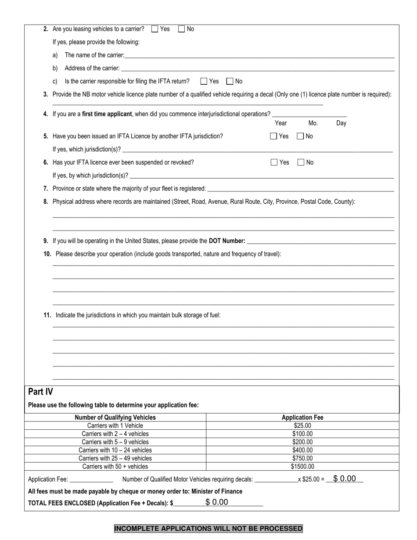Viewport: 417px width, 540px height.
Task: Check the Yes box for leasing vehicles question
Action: pos(155,29)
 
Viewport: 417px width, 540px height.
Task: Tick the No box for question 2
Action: pos(182,29)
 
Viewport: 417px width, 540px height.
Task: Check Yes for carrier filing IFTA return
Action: pos(204,81)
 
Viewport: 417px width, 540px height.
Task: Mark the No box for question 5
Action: pos(301,136)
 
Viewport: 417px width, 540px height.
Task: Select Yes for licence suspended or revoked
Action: pos(274,162)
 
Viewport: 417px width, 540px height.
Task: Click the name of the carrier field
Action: pos(259,55)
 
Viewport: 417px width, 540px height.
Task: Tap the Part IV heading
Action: pos(40,392)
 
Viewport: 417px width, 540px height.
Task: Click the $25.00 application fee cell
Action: pos(302,426)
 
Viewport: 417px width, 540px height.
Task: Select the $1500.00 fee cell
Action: pos(302,467)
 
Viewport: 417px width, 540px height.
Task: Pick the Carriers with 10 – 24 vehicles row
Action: pos(115,450)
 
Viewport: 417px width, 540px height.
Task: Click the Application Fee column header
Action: pos(302,418)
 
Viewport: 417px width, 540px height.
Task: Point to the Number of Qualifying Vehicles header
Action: pos(115,418)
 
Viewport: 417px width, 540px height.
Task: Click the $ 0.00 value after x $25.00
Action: pos(345,479)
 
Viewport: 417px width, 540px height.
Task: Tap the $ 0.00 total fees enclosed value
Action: pos(217,502)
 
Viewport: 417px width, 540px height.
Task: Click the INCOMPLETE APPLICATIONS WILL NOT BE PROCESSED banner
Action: pos(208,529)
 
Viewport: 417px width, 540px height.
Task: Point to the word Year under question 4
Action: pos(281,123)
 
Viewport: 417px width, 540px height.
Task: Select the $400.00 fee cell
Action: pos(302,450)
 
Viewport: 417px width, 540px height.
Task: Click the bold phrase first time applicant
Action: pos(107,114)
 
